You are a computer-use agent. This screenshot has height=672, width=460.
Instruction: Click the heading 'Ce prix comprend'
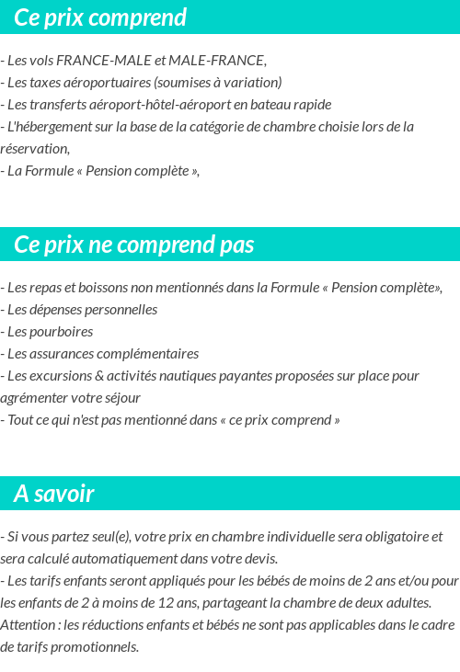(100, 17)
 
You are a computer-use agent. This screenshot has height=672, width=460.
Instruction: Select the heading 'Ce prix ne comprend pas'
(134, 245)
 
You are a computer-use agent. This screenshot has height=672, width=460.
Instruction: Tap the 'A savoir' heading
(54, 494)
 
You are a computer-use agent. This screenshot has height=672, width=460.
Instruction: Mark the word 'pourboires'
(63, 332)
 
